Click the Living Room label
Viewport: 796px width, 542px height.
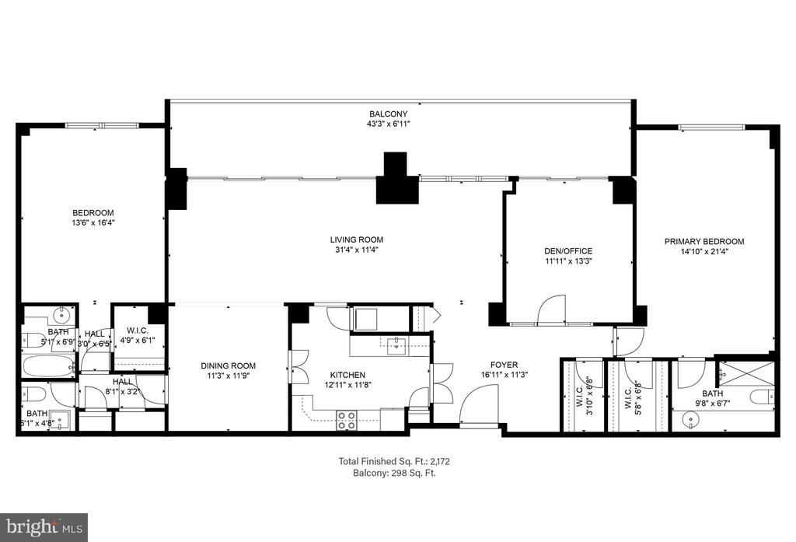click(x=357, y=240)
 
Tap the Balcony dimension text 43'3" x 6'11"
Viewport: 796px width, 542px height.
click(x=389, y=124)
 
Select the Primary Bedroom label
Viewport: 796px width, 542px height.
click(x=704, y=242)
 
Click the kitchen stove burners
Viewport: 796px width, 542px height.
click(x=347, y=421)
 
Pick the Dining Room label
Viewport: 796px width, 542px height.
click(x=228, y=365)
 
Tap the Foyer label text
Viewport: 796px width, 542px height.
click(x=504, y=365)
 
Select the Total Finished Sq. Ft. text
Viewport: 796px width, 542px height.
click(x=394, y=461)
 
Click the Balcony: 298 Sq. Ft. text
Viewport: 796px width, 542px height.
click(x=394, y=473)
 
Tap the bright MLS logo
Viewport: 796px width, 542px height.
click(x=44, y=528)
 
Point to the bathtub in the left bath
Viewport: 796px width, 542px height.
click(x=48, y=365)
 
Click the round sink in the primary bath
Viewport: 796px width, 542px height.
click(x=690, y=420)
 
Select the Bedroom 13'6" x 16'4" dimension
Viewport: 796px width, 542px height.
click(x=93, y=222)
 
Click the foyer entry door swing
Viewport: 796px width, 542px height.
click(x=479, y=404)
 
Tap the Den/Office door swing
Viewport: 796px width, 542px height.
click(x=551, y=309)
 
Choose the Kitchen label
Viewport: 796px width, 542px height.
click(x=347, y=375)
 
